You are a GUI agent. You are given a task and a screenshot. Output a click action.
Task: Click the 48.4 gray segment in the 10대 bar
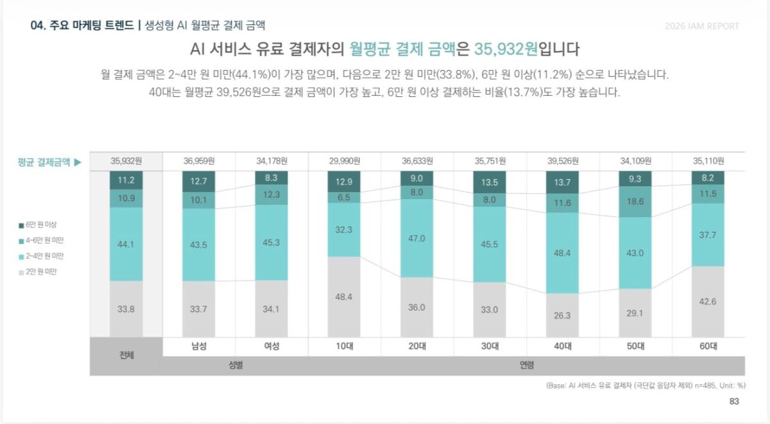click(344, 297)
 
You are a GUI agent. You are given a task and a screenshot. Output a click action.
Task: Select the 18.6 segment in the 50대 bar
click(635, 202)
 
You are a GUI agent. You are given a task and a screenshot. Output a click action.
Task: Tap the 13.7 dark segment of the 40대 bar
click(562, 182)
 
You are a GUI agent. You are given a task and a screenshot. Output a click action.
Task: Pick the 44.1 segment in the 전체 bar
click(126, 244)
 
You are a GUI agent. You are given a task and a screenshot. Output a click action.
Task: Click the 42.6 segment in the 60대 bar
click(708, 302)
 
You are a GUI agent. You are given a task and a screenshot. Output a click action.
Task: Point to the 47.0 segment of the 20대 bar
click(416, 238)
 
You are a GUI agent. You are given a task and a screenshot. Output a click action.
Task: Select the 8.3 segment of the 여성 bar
click(271, 178)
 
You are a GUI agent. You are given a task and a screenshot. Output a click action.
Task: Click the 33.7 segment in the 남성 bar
click(199, 309)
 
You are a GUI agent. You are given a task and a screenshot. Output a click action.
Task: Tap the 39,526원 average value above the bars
click(563, 161)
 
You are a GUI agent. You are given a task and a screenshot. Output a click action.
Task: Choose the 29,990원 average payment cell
click(345, 161)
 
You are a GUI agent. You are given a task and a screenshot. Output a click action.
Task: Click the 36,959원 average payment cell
click(199, 161)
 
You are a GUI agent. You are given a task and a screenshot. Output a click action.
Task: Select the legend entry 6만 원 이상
click(37, 225)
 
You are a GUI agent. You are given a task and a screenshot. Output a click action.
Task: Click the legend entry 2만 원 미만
click(37, 272)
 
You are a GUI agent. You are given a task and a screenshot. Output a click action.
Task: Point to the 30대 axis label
click(490, 346)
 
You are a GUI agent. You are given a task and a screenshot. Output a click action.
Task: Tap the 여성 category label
click(271, 346)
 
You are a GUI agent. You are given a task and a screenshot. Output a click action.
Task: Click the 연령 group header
click(526, 365)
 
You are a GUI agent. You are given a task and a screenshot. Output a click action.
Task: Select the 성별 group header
click(236, 365)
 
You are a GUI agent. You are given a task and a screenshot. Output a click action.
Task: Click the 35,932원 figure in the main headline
click(506, 49)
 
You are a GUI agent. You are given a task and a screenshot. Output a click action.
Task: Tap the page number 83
click(734, 402)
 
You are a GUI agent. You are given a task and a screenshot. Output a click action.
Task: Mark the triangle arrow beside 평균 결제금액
click(78, 162)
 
